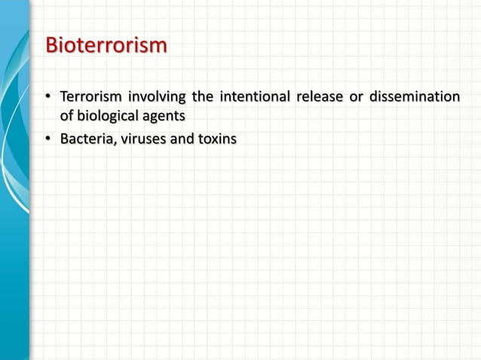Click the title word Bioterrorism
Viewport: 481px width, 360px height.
coord(106,46)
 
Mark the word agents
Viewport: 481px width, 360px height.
coord(167,117)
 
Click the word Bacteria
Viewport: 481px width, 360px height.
coord(87,139)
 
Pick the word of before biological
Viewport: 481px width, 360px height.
coord(67,117)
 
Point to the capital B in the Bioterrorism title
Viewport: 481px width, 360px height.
coord(52,46)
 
